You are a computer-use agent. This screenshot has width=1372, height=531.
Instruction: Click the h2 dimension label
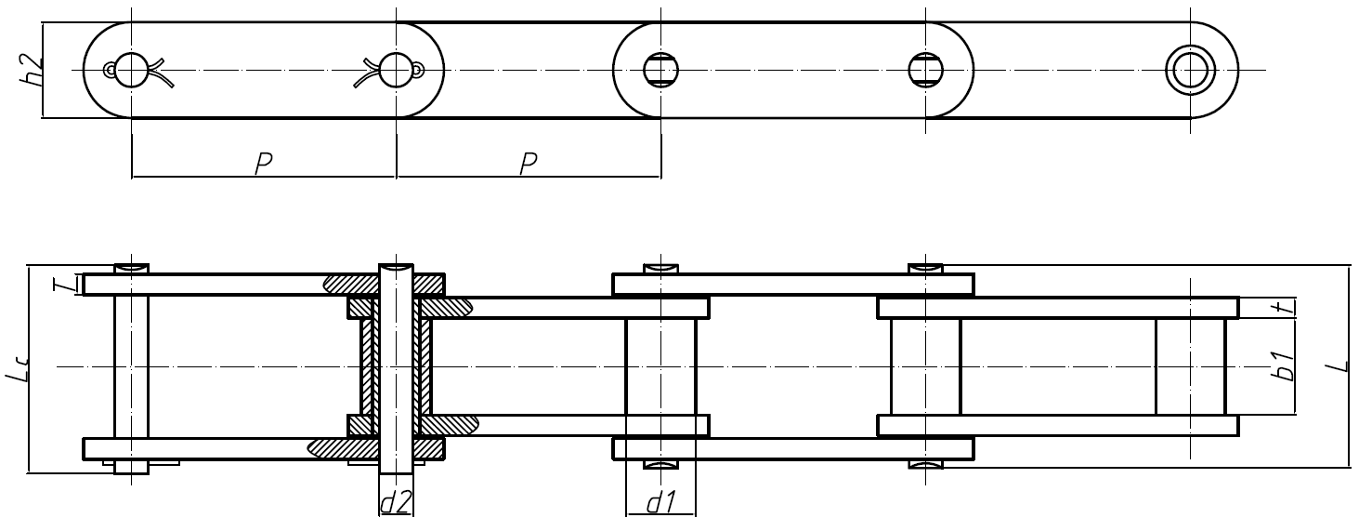pyautogui.click(x=33, y=70)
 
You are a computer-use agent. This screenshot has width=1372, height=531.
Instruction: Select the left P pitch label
pyautogui.click(x=264, y=164)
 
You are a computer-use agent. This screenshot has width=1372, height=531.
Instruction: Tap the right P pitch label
pyautogui.click(x=529, y=164)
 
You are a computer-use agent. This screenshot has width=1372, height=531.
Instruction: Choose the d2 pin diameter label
pyautogui.click(x=396, y=503)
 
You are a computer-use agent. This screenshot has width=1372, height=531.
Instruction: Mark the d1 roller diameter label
pyautogui.click(x=660, y=503)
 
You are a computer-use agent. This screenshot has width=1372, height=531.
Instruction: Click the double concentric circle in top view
pyautogui.click(x=1191, y=70)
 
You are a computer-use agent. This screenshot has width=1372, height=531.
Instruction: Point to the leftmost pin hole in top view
pyautogui.click(x=132, y=69)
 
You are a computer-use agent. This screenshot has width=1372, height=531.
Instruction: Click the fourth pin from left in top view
pyautogui.click(x=925, y=69)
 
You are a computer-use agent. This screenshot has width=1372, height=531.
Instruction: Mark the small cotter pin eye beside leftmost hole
pyautogui.click(x=110, y=69)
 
